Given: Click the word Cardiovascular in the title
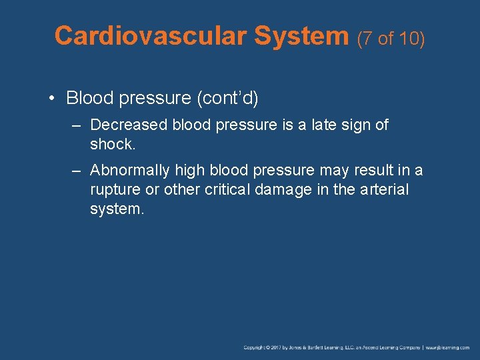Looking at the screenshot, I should [x=151, y=35].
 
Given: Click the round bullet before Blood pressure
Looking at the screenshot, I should [x=51, y=99].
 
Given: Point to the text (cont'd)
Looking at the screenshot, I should [x=227, y=99].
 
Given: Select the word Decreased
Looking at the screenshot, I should [x=129, y=125].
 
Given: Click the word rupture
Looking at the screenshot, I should [x=115, y=190].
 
